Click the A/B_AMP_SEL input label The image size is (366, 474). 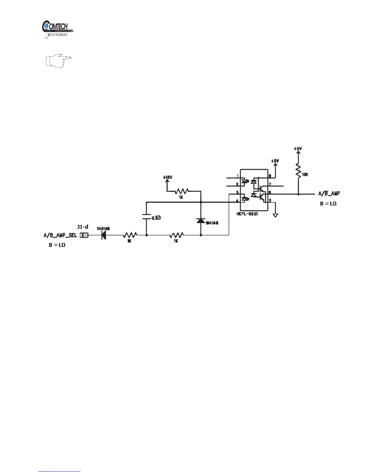click(x=60, y=235)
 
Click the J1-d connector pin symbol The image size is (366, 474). click(x=84, y=235)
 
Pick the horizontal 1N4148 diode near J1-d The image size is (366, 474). click(x=104, y=235)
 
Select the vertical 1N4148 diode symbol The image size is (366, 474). click(x=201, y=221)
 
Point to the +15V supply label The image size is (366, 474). click(x=167, y=177)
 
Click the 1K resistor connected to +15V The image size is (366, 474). click(x=182, y=191)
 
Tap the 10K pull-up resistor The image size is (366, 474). click(x=298, y=171)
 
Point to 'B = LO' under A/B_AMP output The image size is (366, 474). click(x=328, y=203)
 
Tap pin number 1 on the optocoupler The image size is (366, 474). click(x=238, y=176)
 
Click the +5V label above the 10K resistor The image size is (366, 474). click(x=298, y=149)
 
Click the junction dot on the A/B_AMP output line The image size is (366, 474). click(x=298, y=194)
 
